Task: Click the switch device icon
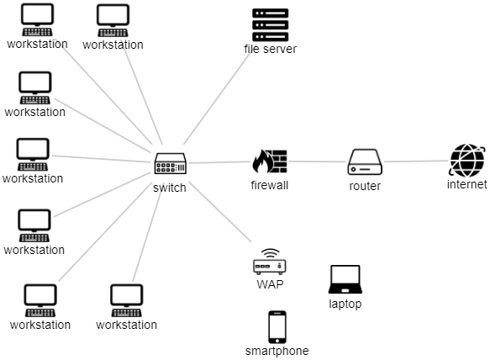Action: click(x=171, y=163)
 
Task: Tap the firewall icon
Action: click(x=270, y=161)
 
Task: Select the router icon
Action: click(x=365, y=161)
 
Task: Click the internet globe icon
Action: click(x=466, y=161)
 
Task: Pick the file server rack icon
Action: click(x=271, y=25)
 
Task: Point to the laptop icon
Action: click(x=345, y=279)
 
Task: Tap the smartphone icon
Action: click(x=277, y=327)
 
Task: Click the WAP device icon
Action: click(x=270, y=262)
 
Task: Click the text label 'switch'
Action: click(x=170, y=188)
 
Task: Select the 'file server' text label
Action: click(x=271, y=49)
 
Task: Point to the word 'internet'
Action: click(x=466, y=184)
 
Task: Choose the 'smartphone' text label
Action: click(x=277, y=351)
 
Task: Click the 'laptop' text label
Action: click(x=345, y=304)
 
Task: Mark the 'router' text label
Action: click(x=365, y=186)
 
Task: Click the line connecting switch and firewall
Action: click(x=219, y=162)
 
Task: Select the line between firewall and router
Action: click(x=317, y=161)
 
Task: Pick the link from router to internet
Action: click(x=416, y=161)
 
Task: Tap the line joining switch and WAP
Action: click(x=220, y=212)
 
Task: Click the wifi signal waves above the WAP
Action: click(x=270, y=251)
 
